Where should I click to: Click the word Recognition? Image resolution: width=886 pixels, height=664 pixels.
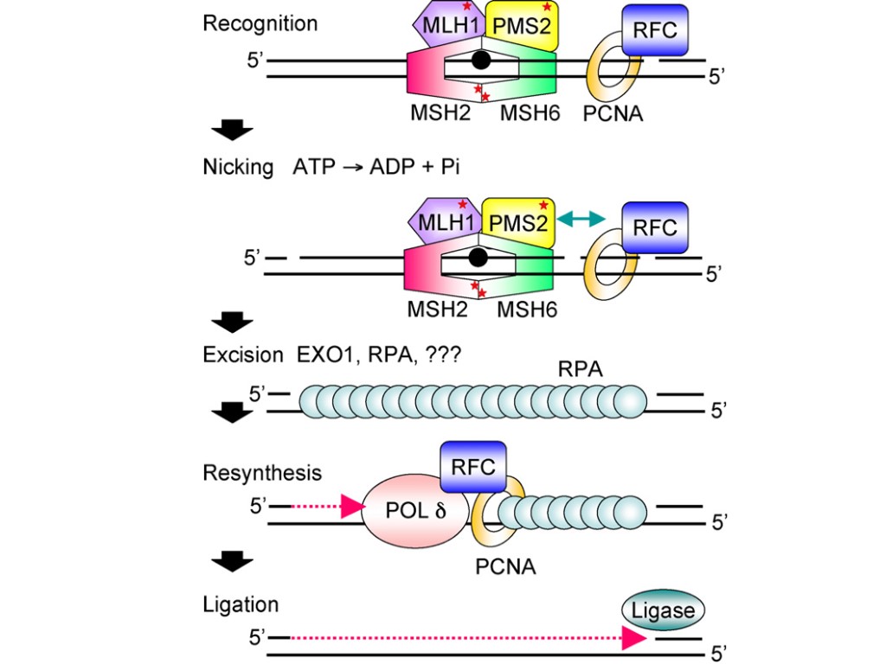[260, 23]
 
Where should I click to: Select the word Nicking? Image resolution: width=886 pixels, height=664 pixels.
[237, 167]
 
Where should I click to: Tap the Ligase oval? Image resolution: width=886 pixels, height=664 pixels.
[663, 610]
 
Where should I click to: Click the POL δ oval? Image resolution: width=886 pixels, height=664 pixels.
[414, 509]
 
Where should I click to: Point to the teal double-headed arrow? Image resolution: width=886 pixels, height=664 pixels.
[581, 220]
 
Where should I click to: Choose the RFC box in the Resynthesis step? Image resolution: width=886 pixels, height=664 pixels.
[474, 467]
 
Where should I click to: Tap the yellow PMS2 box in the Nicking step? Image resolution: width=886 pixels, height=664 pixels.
[517, 222]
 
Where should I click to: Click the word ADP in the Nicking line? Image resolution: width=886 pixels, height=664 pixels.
[393, 167]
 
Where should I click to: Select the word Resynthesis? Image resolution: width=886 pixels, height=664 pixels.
[262, 473]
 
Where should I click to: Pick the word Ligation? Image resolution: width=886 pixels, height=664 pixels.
[241, 604]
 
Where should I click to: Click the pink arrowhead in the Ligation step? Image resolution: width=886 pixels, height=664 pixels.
[635, 638]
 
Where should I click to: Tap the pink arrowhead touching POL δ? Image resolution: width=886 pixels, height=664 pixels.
[353, 508]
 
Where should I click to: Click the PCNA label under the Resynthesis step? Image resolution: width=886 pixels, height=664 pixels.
[505, 567]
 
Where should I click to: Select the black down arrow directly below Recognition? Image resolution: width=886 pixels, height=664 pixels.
[232, 131]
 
